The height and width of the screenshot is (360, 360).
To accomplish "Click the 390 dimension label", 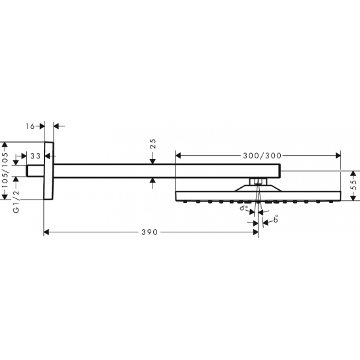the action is [x=149, y=232].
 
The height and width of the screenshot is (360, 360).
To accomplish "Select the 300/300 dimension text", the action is [x=262, y=156].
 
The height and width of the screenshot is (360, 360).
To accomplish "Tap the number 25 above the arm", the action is [x=153, y=144].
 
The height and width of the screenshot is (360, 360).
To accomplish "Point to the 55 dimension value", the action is [x=354, y=185].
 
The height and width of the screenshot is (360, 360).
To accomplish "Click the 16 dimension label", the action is [x=30, y=126].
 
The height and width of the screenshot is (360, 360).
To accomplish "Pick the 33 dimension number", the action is [x=35, y=156].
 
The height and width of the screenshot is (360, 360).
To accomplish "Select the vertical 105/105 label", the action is [x=5, y=170].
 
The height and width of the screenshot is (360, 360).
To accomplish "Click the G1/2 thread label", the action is [x=16, y=202].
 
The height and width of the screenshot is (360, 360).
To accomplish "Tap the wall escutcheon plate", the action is [x=48, y=171].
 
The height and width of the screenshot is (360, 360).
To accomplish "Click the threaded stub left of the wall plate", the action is [x=35, y=171].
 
